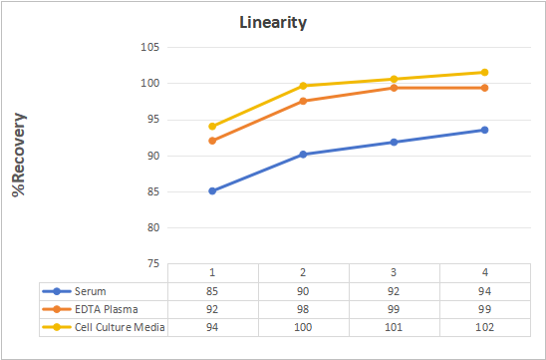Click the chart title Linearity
[x=273, y=23]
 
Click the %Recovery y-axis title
[x=19, y=155]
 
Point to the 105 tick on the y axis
[x=150, y=47]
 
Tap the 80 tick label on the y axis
[x=152, y=227]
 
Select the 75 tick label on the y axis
[x=152, y=264]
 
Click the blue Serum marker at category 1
[x=212, y=191]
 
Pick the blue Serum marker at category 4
[x=484, y=130]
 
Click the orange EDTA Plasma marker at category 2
[x=303, y=101]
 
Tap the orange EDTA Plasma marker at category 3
[x=394, y=88]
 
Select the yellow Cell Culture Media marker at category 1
[x=212, y=127]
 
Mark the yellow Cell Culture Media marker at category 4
[x=484, y=72]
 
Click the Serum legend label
[x=91, y=291]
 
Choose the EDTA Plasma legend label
[x=107, y=309]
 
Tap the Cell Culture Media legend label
[x=120, y=327]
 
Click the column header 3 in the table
[x=394, y=273]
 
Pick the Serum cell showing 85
[x=212, y=291]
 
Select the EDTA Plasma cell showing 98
[x=303, y=309]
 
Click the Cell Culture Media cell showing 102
[x=484, y=327]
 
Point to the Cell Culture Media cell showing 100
[x=303, y=327]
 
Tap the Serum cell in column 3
[x=394, y=291]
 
